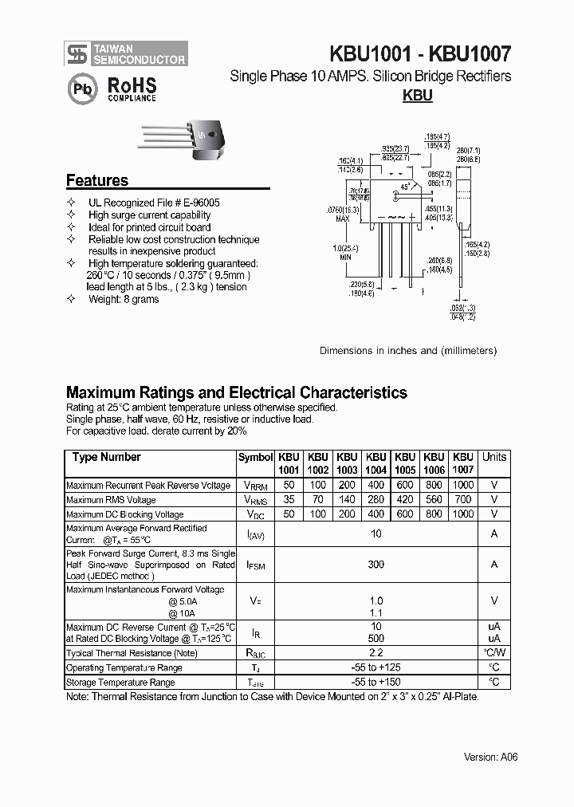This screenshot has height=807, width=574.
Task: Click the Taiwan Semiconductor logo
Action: [126, 53]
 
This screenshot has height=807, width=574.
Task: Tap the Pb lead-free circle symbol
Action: [81, 90]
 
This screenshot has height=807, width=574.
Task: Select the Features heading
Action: [96, 180]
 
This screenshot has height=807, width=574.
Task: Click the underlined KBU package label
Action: [417, 96]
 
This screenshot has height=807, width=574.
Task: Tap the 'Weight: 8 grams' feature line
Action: [124, 299]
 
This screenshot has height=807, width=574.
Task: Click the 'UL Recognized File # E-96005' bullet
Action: [154, 203]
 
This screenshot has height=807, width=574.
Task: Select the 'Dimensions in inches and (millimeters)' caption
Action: [408, 350]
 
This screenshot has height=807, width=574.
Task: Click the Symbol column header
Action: [255, 458]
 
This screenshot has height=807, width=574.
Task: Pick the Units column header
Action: [493, 457]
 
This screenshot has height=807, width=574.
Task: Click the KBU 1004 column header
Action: [375, 463]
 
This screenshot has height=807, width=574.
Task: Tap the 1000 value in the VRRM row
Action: [462, 486]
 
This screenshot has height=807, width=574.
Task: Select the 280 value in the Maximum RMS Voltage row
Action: [375, 500]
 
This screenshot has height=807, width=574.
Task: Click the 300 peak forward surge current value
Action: [375, 565]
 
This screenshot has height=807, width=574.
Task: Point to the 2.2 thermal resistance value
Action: [375, 653]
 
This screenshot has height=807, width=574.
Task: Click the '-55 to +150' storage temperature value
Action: [375, 683]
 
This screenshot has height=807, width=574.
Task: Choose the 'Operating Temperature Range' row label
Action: [124, 668]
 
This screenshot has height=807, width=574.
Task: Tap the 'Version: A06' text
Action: [490, 757]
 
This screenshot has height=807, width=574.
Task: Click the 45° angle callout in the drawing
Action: [405, 186]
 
